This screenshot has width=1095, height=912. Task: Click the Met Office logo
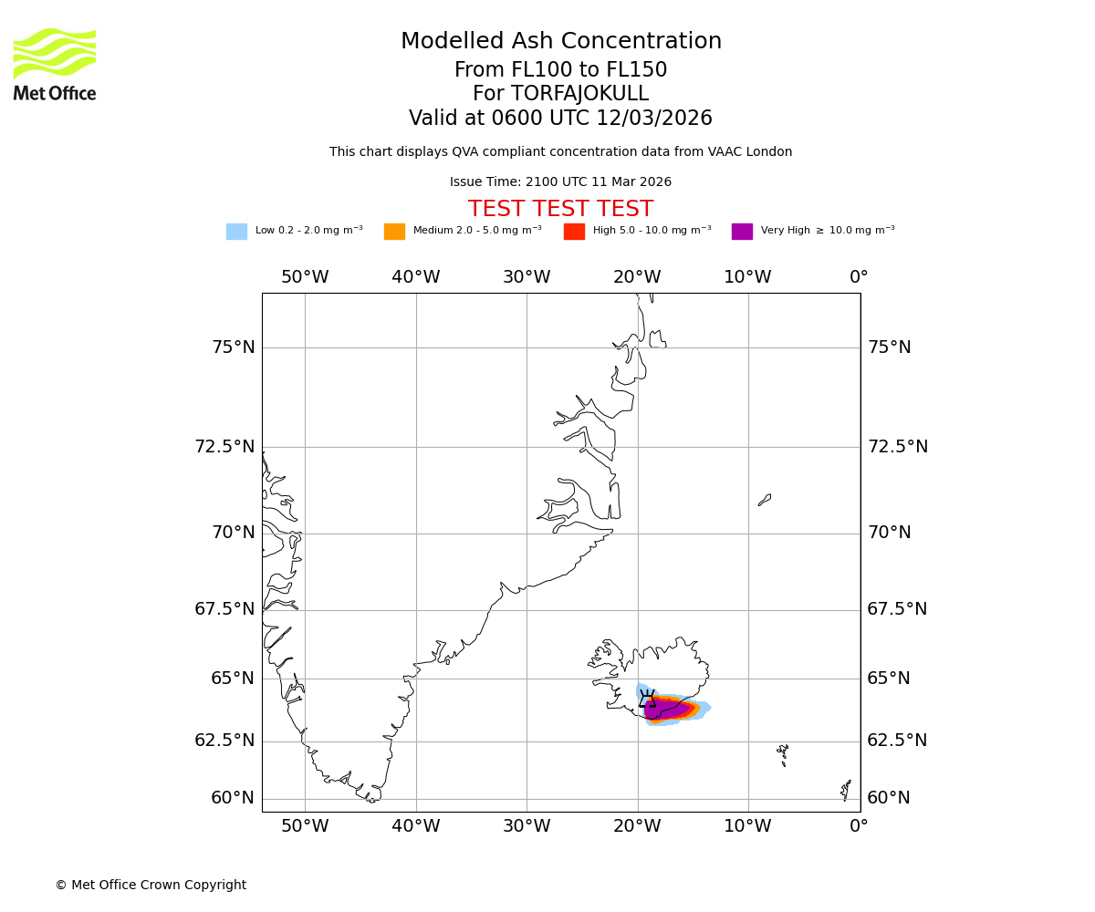tap(55, 64)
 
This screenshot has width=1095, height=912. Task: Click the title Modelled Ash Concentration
tap(561, 42)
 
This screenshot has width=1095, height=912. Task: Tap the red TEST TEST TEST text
tap(560, 210)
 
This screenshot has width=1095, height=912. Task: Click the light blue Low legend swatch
tap(236, 232)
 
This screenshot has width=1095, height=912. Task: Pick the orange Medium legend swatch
tap(394, 232)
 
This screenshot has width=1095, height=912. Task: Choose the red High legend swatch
tap(574, 232)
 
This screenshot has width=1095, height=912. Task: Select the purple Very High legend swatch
tap(742, 232)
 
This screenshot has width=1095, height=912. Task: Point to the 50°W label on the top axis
tap(305, 277)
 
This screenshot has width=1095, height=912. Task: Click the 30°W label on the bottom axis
tap(527, 826)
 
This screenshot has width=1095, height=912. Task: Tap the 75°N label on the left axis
tap(233, 347)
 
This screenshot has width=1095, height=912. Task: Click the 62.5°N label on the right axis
tap(897, 741)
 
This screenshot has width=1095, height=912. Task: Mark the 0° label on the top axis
tap(859, 277)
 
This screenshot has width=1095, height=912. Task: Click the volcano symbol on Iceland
tap(647, 700)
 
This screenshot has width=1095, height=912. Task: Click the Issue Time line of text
tap(560, 182)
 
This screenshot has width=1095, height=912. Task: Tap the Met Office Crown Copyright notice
tap(151, 885)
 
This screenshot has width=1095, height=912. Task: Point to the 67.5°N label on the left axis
tap(224, 609)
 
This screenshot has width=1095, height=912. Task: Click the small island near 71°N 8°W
tap(765, 500)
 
